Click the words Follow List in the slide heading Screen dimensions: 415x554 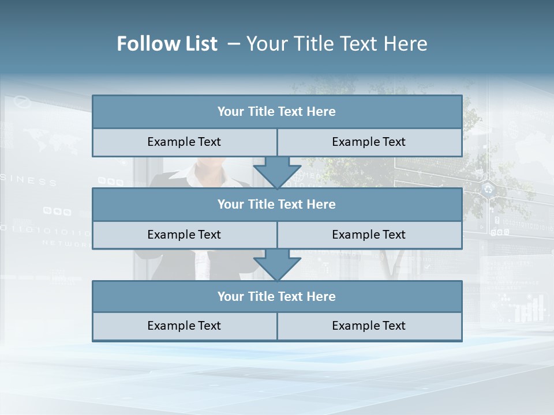[167, 44]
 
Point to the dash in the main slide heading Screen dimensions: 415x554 [234, 44]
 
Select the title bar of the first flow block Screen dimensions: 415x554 [277, 112]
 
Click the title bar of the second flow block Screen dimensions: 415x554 [277, 204]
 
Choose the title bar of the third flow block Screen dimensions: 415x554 [277, 296]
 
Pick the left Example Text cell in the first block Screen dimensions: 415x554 [184, 142]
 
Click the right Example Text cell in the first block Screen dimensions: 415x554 [369, 142]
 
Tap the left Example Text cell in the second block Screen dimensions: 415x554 [184, 235]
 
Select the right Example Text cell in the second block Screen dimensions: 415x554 [369, 235]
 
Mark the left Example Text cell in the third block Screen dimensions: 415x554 [184, 326]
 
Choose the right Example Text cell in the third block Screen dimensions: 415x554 [369, 326]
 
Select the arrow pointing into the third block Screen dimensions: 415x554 [277, 265]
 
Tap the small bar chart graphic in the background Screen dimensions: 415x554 [529, 309]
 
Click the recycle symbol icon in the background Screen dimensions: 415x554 [489, 188]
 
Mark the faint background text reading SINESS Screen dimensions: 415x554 [29, 181]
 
